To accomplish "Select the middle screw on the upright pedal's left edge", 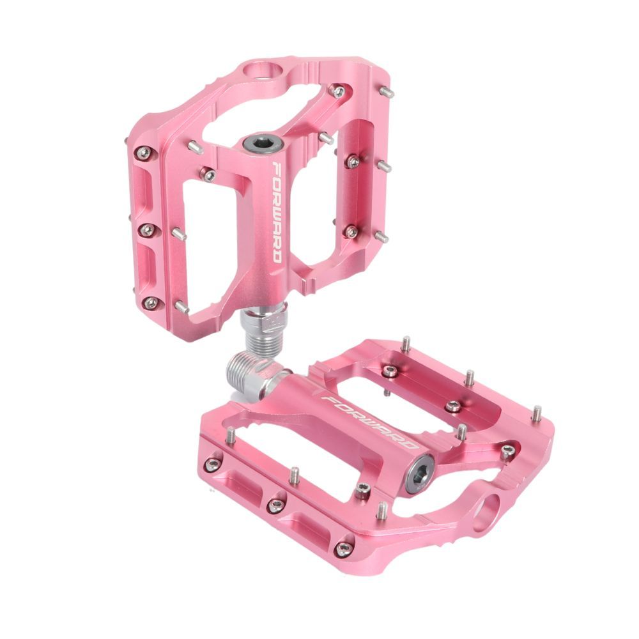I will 148,229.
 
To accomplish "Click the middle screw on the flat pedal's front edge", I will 275,506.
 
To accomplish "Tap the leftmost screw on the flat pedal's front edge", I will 211,465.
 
